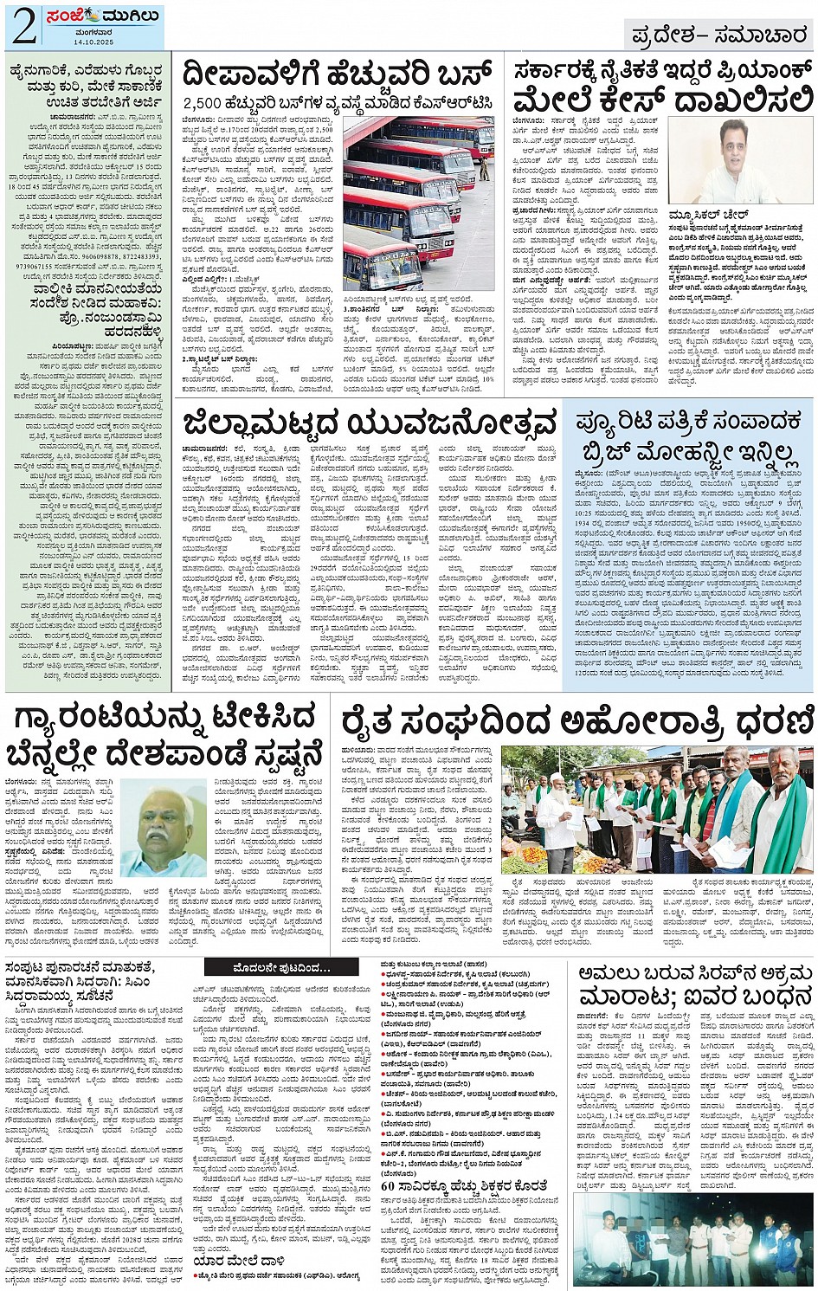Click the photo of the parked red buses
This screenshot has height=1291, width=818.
pos(418,202)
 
